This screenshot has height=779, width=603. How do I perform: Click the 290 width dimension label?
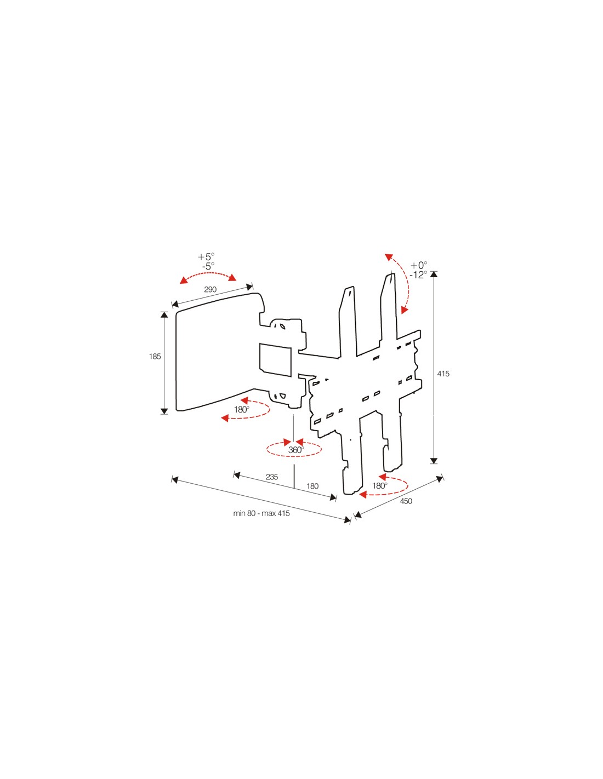click(x=210, y=289)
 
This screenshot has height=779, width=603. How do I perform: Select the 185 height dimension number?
click(x=155, y=356)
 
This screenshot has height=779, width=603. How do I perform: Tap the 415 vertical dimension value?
click(x=443, y=374)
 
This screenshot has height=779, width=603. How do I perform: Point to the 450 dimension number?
click(x=406, y=501)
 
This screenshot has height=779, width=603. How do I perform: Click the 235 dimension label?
click(x=272, y=477)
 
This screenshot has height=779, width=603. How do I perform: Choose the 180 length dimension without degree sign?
click(x=312, y=486)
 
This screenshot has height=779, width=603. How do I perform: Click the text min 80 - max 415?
click(x=261, y=513)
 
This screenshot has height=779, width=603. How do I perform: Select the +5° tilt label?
click(x=206, y=257)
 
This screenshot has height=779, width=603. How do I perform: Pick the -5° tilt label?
click(x=208, y=266)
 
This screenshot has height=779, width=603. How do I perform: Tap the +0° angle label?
click(x=419, y=266)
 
